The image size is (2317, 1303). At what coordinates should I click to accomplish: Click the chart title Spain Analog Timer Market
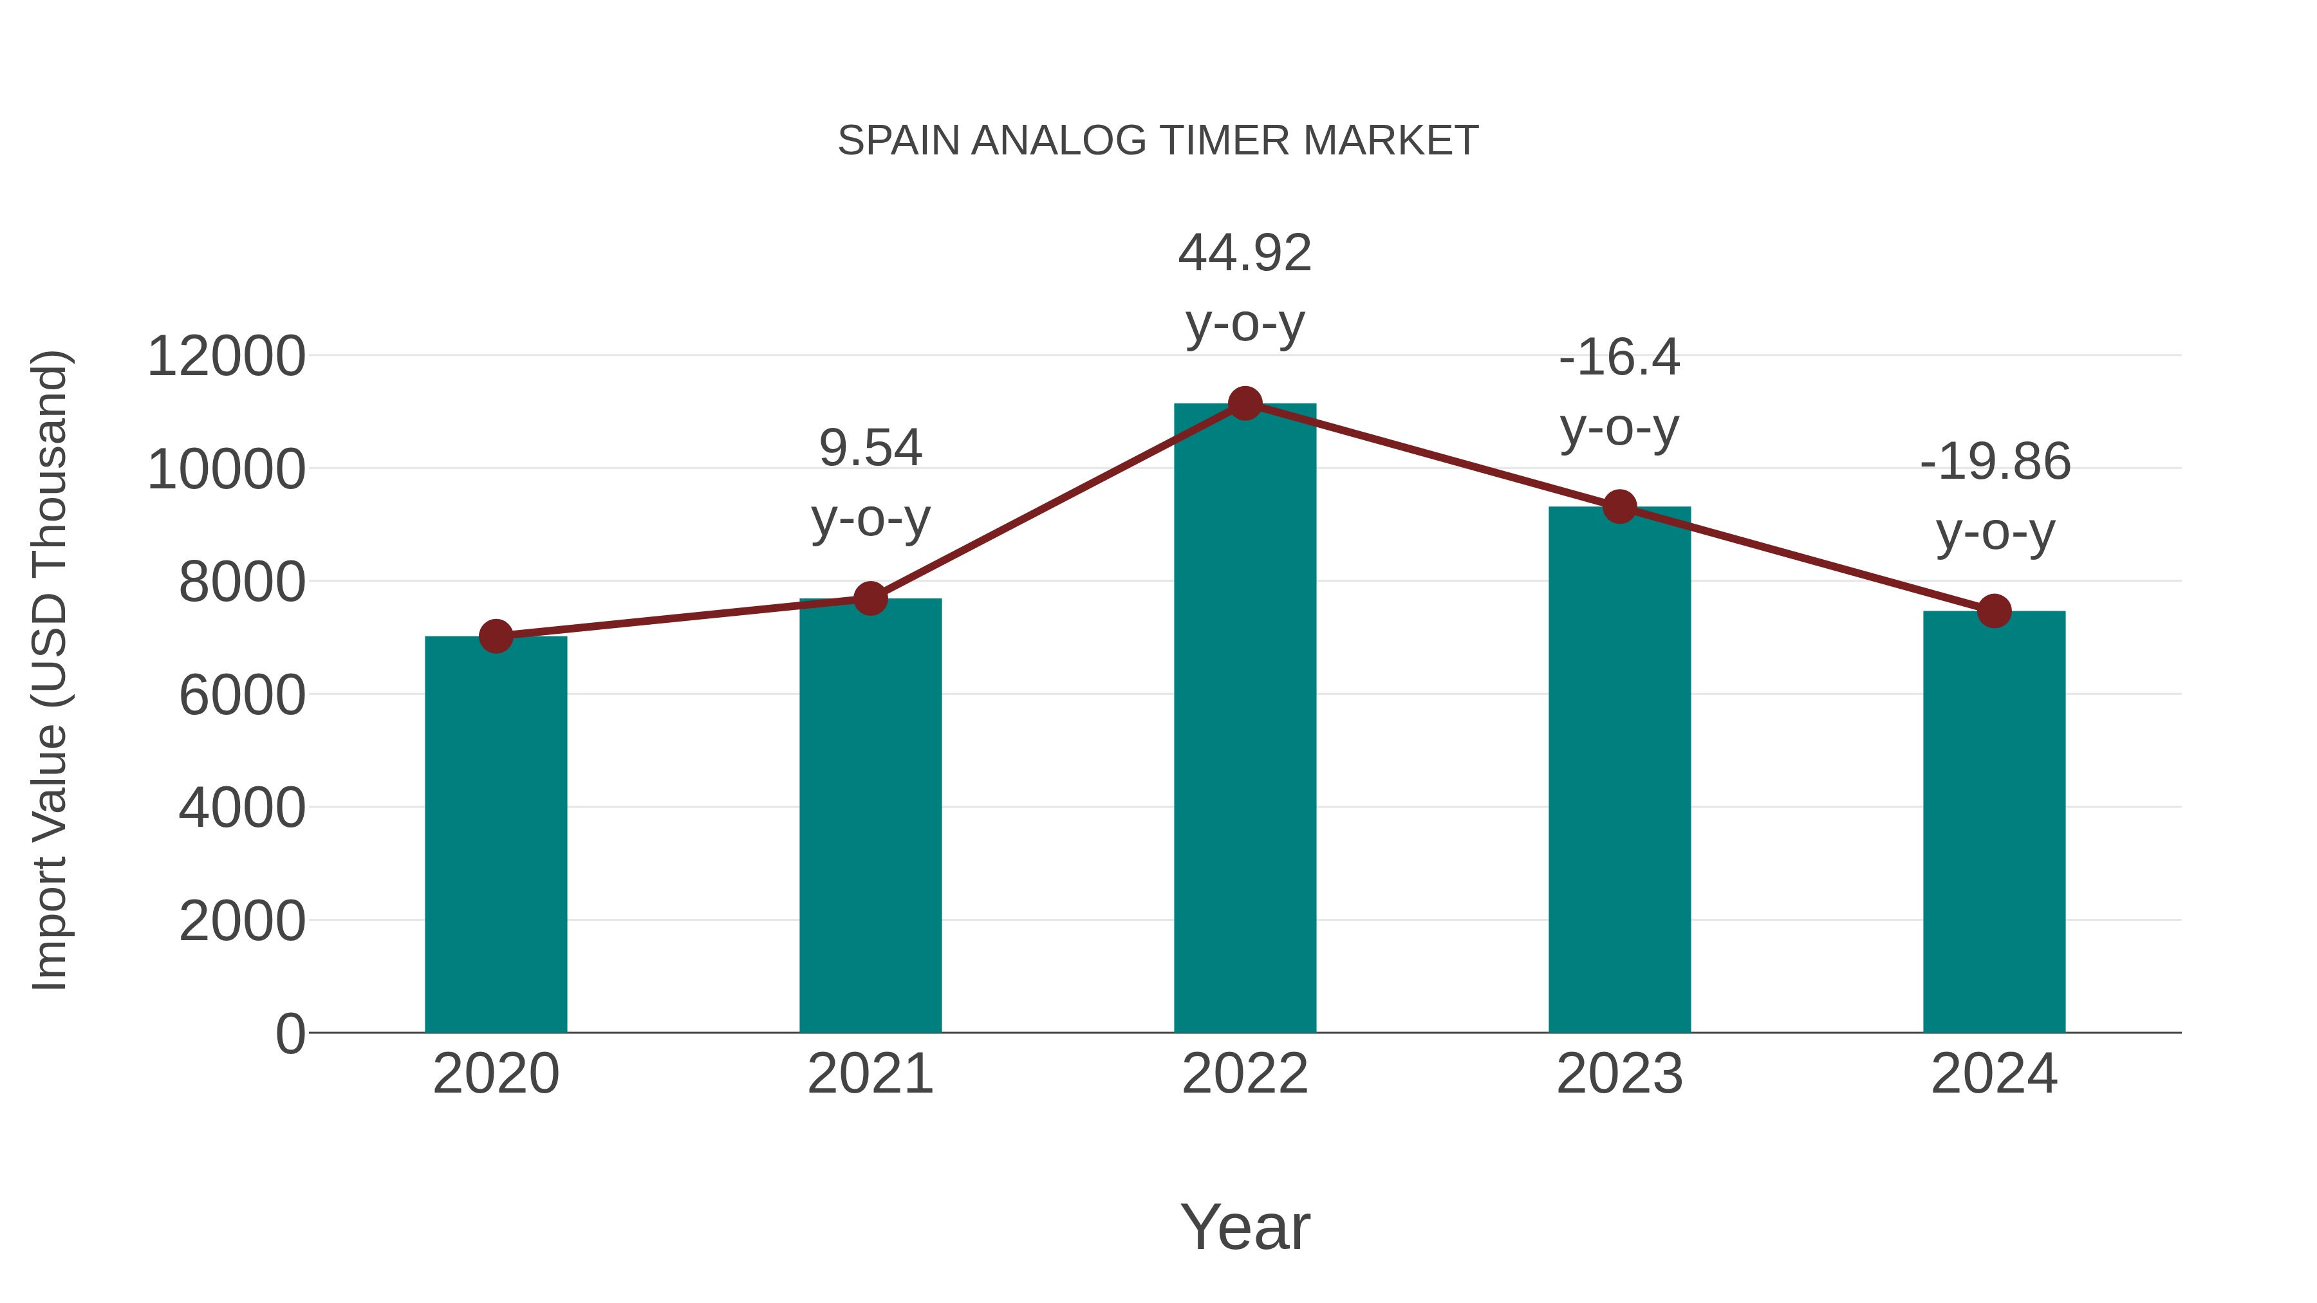pyautogui.click(x=1158, y=141)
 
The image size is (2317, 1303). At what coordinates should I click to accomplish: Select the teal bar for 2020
pyautogui.click(x=496, y=836)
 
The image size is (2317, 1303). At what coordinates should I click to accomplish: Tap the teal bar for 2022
pyautogui.click(x=1245, y=719)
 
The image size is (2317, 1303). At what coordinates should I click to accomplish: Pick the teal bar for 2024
pyautogui.click(x=1994, y=823)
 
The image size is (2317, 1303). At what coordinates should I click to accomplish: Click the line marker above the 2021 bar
pyautogui.click(x=870, y=598)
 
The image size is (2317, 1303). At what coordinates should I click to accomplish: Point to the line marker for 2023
pyautogui.click(x=1619, y=507)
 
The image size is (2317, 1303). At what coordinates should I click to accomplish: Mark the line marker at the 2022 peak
pyautogui.click(x=1245, y=403)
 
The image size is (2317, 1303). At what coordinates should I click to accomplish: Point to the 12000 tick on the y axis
pyautogui.click(x=226, y=356)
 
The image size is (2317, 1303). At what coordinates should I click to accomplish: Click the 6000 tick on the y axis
pyautogui.click(x=242, y=695)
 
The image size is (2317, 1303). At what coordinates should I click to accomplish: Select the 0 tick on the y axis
pyautogui.click(x=290, y=1033)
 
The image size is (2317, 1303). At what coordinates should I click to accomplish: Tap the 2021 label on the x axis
pyautogui.click(x=870, y=1074)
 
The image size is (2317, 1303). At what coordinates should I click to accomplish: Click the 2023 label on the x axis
pyautogui.click(x=1619, y=1074)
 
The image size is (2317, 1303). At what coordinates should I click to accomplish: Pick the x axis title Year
pyautogui.click(x=1245, y=1226)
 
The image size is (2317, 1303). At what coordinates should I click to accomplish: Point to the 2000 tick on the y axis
pyautogui.click(x=242, y=921)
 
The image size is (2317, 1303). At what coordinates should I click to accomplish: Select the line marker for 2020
pyautogui.click(x=496, y=636)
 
